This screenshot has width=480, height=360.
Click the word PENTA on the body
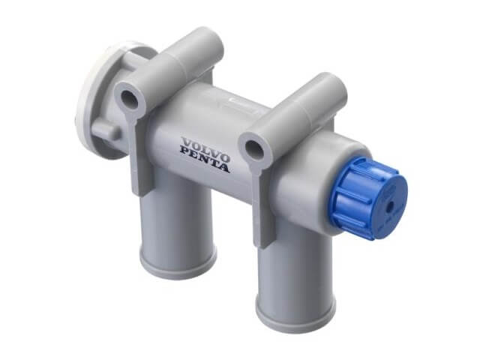click(x=205, y=159)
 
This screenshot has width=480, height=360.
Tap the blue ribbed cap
click(x=369, y=199)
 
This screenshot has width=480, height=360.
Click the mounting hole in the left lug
click(x=129, y=99)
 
